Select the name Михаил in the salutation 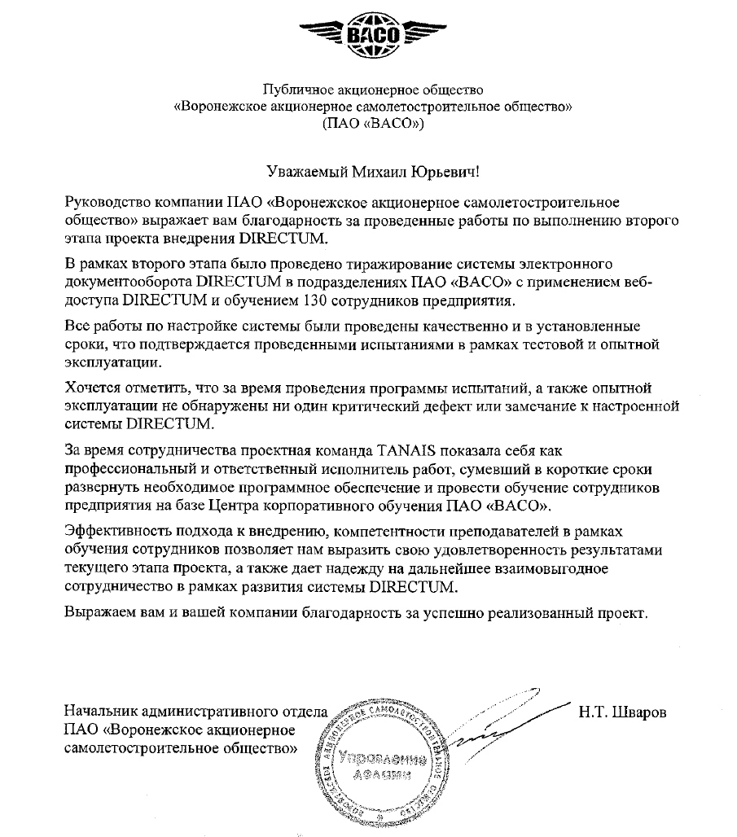pyautogui.click(x=381, y=172)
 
